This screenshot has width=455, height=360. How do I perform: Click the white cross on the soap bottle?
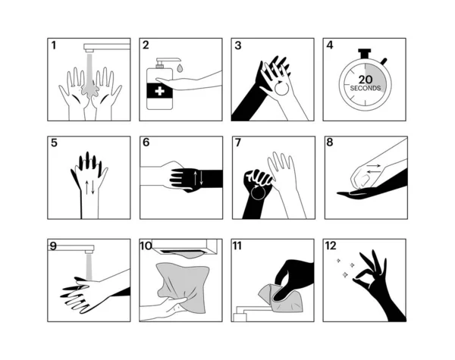(159, 91)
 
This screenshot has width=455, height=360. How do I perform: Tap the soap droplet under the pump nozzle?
(180, 68)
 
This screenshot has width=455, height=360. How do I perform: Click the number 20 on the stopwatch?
(365, 80)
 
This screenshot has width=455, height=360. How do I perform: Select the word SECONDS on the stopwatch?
(366, 88)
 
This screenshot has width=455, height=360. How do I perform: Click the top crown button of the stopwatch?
(365, 54)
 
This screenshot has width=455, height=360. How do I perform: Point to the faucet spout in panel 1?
(106, 47)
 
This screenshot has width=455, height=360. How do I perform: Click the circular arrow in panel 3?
(281, 88)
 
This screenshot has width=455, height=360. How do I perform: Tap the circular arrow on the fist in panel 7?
(258, 193)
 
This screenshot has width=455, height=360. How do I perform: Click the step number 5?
(54, 143)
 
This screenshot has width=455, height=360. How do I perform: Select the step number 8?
(330, 142)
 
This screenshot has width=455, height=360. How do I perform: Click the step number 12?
(331, 246)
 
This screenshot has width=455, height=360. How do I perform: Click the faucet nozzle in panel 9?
(89, 250)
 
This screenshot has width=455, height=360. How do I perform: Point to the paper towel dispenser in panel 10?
(184, 247)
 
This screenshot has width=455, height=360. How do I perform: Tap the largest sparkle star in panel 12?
(345, 274)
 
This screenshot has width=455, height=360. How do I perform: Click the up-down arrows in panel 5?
(89, 187)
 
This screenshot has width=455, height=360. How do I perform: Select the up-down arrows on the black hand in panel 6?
(199, 178)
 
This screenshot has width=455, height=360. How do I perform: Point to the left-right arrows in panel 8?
(373, 168)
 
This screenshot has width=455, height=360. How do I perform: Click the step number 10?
(146, 246)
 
